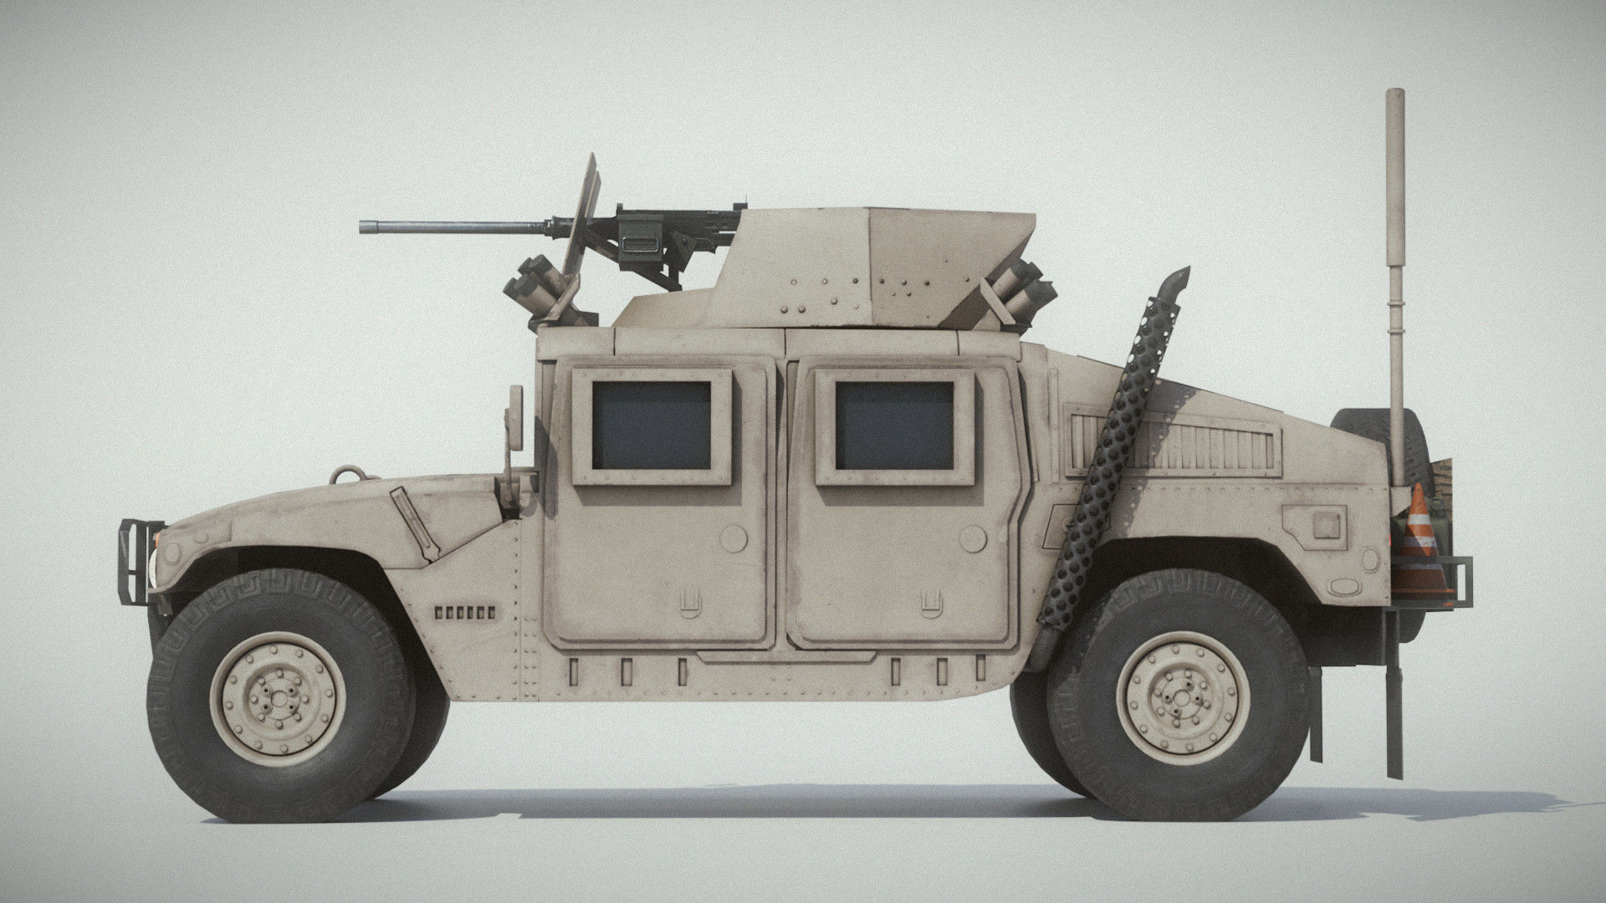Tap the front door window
(651, 425)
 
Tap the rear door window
(894, 425)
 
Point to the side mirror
(514, 418)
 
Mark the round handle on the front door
(734, 537)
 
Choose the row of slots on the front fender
(465, 612)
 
